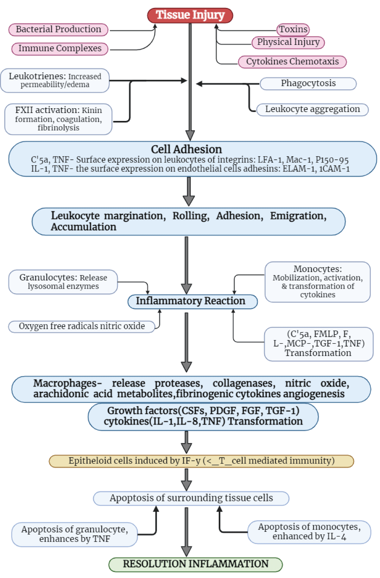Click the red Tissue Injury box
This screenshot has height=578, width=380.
[190, 15]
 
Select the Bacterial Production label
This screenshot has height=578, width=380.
[58, 29]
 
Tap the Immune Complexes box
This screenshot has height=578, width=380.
[60, 48]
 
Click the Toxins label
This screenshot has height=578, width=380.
[293, 29]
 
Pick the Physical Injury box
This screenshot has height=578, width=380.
[288, 42]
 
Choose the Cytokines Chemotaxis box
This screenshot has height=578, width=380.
[292, 61]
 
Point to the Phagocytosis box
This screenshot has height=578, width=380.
[308, 83]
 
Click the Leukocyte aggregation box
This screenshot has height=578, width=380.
[312, 109]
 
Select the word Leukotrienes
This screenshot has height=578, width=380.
[37, 76]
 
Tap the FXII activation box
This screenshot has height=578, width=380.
[58, 119]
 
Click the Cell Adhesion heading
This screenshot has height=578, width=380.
[186, 149]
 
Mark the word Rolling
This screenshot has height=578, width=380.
[191, 216]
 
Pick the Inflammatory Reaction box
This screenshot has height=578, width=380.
[193, 301]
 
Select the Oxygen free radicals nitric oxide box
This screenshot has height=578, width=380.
[82, 326]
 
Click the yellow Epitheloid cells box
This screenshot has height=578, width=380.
[201, 461]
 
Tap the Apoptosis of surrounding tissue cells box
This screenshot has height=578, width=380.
[191, 498]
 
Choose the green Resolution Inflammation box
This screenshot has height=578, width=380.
[195, 564]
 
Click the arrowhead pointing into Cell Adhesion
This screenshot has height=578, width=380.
[190, 135]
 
